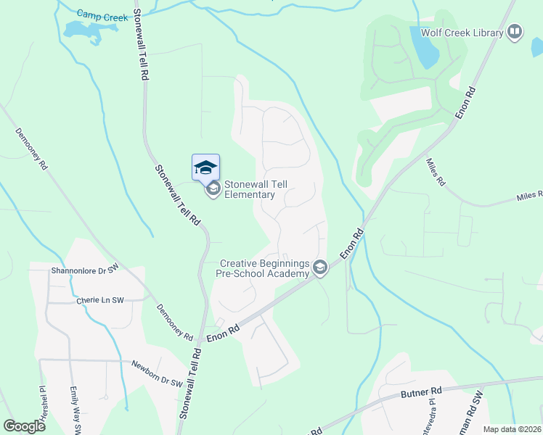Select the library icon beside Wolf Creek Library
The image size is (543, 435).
[x=515, y=32]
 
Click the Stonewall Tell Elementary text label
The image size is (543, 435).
[x=250, y=189]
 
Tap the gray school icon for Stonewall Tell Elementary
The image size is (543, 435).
[x=213, y=189]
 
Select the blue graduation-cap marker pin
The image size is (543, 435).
[x=205, y=167]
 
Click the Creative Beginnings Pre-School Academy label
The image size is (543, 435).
[x=264, y=268]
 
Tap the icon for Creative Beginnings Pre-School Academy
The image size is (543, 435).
[x=319, y=269]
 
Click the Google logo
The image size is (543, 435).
[x=25, y=426]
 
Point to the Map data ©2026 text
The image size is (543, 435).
[x=511, y=429]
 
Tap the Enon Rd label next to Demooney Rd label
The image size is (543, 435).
[x=222, y=333]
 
